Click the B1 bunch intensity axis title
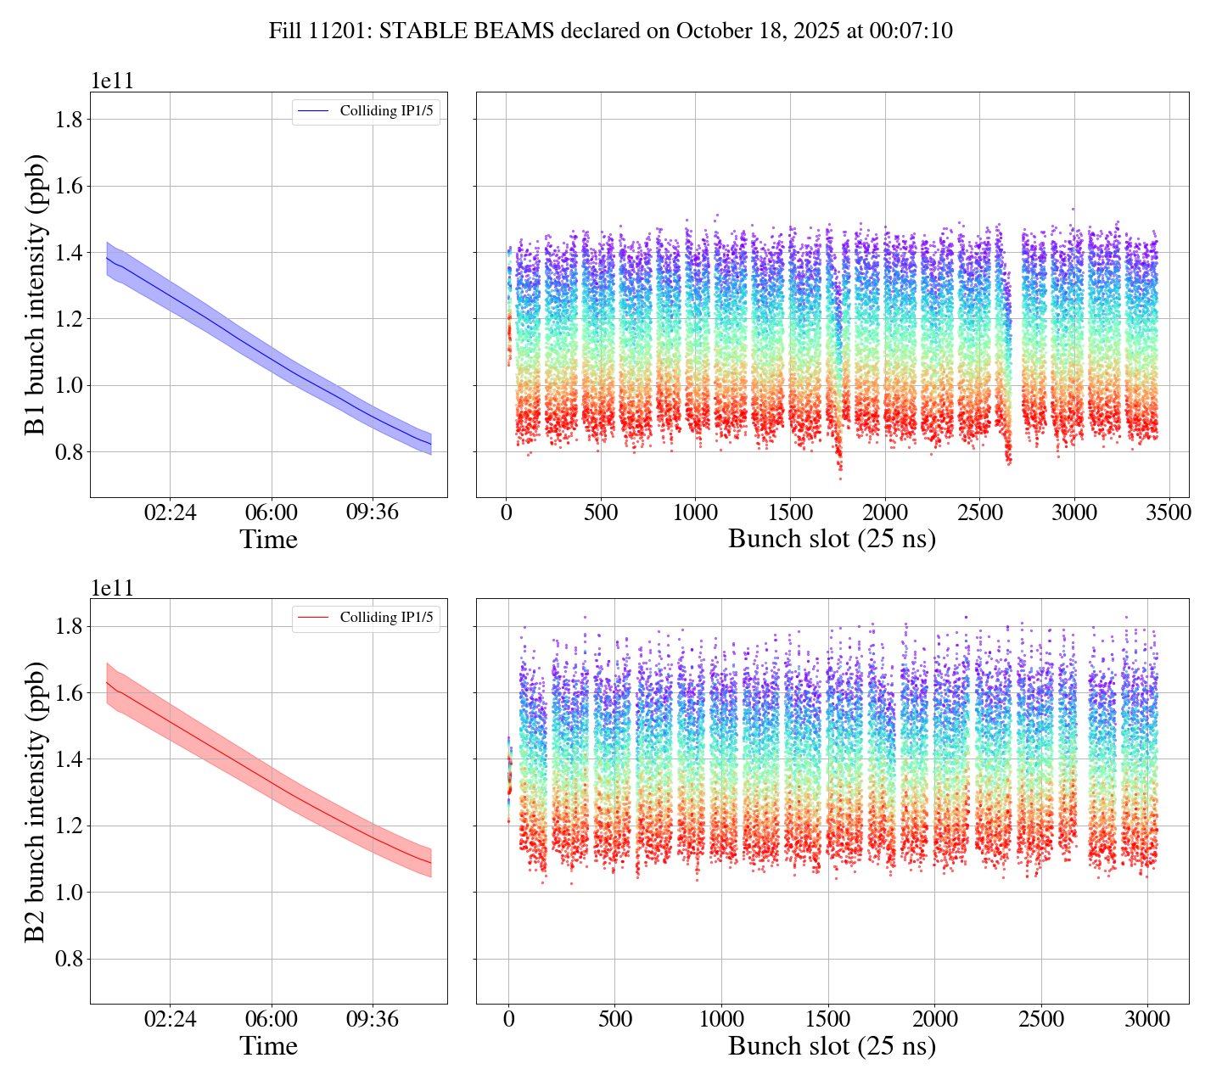coord(36,294)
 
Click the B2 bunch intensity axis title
coord(36,800)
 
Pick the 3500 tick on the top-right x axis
coord(1168,512)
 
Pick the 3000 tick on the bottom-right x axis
coord(1147,1019)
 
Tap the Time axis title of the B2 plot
coord(268,1046)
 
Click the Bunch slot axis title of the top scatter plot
coord(832,540)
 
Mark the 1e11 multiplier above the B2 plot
coord(113,588)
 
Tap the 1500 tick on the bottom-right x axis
coord(827,1019)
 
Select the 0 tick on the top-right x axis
coord(506,512)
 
